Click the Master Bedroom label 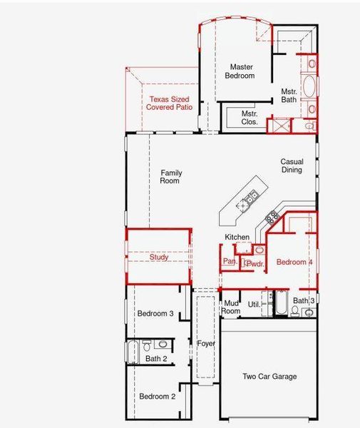240,71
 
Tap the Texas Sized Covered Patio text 170,103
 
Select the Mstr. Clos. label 249,118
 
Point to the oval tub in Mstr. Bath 312,88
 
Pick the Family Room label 170,177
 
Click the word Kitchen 237,237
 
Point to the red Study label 159,258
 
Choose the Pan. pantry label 230,261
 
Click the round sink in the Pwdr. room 259,250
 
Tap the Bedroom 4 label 294,263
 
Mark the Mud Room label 231,307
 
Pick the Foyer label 206,344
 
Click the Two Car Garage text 269,377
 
